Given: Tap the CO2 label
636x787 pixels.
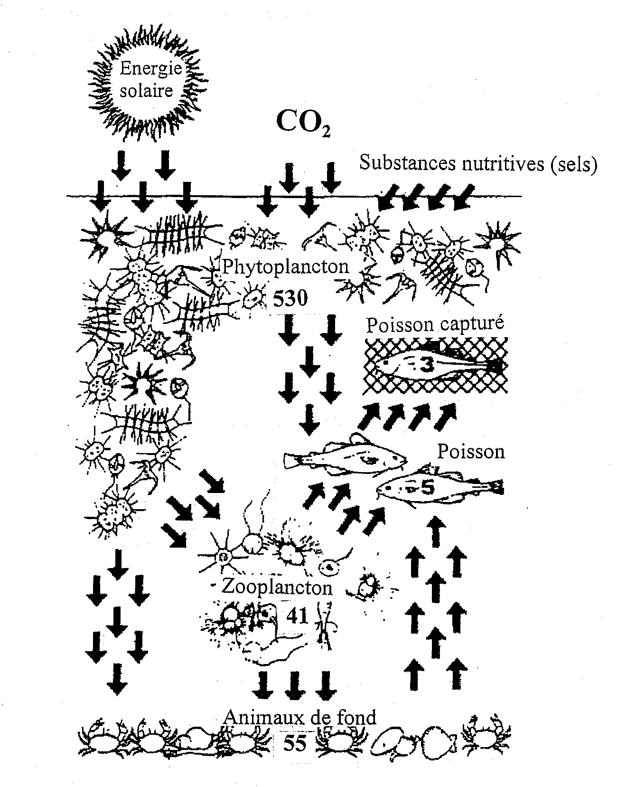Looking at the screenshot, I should (303, 123).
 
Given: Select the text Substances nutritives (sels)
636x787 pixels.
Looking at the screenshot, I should (477, 163).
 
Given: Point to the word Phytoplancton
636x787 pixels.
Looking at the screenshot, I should (286, 266).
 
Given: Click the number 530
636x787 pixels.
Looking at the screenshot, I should (290, 298).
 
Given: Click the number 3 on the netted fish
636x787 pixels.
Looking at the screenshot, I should (427, 365).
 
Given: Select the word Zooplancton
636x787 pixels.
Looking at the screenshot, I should (277, 588).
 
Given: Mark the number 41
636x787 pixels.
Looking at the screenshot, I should (297, 616).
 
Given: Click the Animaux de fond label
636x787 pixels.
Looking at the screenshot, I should (300, 717).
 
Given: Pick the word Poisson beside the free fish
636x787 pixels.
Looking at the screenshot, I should (470, 451).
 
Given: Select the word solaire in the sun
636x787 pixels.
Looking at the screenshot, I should (146, 90).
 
